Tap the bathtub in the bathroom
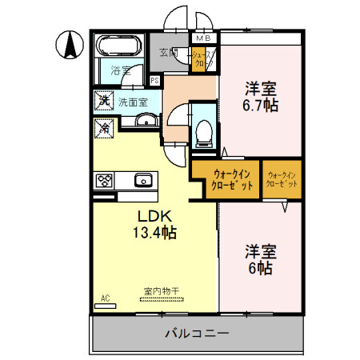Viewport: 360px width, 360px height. pyautogui.click(x=118, y=47)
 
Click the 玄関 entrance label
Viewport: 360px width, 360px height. pyautogui.click(x=168, y=53)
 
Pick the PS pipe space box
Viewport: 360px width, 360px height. pyautogui.click(x=154, y=80)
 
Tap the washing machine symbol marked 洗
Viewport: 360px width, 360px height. pyautogui.click(x=102, y=101)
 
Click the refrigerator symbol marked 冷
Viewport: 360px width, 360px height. pyautogui.click(x=102, y=126)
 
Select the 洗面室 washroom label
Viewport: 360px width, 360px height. pyautogui.click(x=133, y=102)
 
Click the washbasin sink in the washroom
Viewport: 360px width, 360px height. pyautogui.click(x=146, y=121)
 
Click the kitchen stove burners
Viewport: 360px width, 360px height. pyautogui.click(x=104, y=180)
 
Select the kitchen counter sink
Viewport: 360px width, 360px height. pyautogui.click(x=144, y=179)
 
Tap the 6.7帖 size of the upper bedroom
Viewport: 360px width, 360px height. pyautogui.click(x=261, y=106)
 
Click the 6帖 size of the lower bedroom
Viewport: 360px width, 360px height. pyautogui.click(x=258, y=268)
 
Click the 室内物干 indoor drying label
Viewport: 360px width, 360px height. pyautogui.click(x=160, y=292)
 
